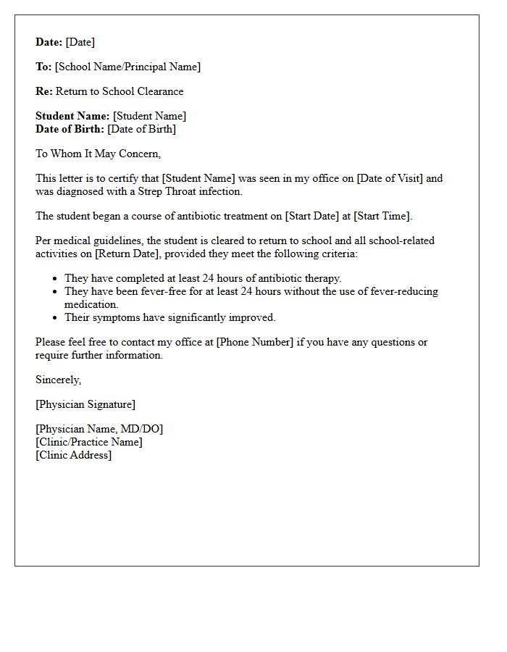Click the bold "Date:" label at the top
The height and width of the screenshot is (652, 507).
point(49,42)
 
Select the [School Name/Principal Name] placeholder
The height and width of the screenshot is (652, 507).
point(127,67)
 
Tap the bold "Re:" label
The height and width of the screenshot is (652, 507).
point(44,91)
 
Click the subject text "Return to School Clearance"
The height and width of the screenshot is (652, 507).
point(120,91)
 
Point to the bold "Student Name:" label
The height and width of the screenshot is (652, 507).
point(72,116)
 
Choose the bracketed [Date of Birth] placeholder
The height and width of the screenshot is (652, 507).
point(141,129)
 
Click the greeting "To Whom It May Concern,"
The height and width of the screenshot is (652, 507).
point(98,154)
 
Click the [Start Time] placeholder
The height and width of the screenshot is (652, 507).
point(382,216)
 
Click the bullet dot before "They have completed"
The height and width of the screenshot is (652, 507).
point(55,279)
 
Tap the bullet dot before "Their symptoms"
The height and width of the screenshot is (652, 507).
point(55,318)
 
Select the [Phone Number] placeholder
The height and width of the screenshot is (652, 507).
point(254,342)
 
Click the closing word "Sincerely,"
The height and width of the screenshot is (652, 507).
point(58,380)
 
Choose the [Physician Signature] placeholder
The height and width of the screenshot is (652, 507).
point(85,404)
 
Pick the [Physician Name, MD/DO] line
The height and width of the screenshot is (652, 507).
point(99,429)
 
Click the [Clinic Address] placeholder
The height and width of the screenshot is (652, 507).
point(73,455)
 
